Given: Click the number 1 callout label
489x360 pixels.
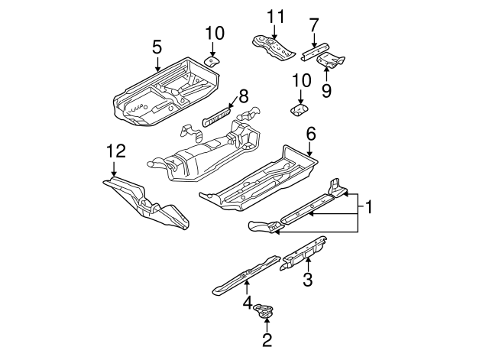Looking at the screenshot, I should (368, 206).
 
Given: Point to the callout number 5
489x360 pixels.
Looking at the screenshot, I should (157, 47).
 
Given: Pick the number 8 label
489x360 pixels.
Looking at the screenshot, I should (243, 96).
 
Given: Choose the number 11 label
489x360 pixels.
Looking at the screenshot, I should (274, 16).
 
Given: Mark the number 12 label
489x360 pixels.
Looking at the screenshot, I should (114, 153).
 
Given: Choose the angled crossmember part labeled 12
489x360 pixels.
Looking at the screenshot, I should (145, 202).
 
